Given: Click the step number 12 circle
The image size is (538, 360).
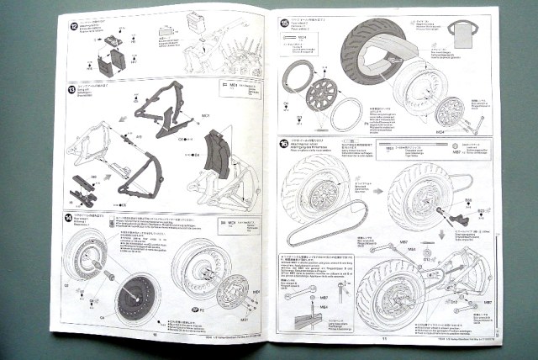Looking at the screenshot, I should [x=75, y=28].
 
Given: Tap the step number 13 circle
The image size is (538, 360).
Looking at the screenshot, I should [x=71, y=88].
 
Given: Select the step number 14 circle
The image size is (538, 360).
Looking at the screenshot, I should [x=69, y=216].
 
